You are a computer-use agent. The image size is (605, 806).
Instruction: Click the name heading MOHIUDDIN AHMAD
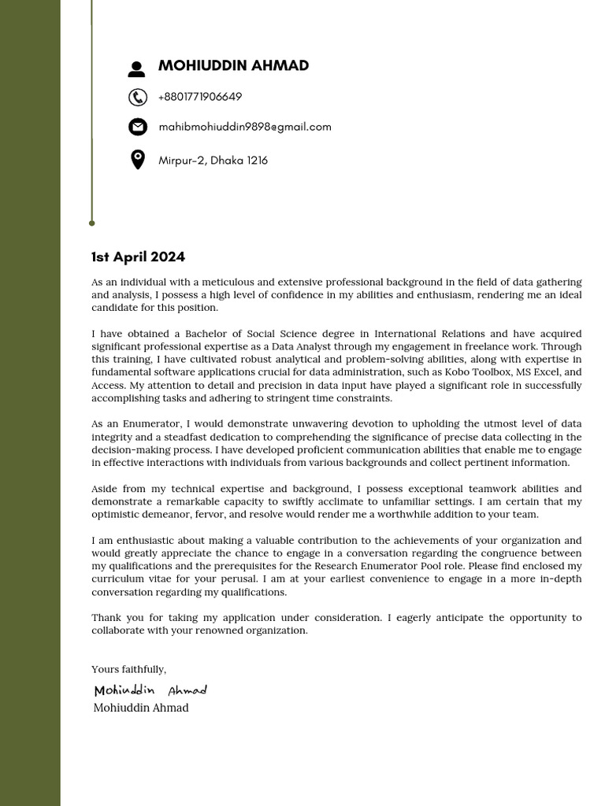pos(233,66)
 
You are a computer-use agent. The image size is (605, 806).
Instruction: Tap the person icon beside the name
pos(137,69)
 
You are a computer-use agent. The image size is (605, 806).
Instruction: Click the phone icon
pos(137,97)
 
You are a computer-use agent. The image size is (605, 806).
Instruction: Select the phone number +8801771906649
pos(200,97)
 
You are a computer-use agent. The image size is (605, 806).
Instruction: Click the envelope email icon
pos(137,127)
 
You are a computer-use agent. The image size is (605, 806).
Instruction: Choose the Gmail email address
pos(245,127)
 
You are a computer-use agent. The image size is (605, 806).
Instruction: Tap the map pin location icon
pos(137,160)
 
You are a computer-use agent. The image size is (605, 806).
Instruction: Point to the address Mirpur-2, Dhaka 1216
pos(213,161)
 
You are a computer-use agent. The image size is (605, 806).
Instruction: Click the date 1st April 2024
pos(138,257)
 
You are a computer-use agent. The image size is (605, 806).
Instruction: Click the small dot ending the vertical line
pos(92,224)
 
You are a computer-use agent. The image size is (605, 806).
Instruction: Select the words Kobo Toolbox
pos(479,372)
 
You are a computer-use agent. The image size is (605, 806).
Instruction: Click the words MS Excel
pos(538,372)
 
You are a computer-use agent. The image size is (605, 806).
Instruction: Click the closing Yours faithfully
pos(129,669)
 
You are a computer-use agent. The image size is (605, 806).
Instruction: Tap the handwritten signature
pos(150,690)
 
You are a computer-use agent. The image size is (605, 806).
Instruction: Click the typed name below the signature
pos(141,708)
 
